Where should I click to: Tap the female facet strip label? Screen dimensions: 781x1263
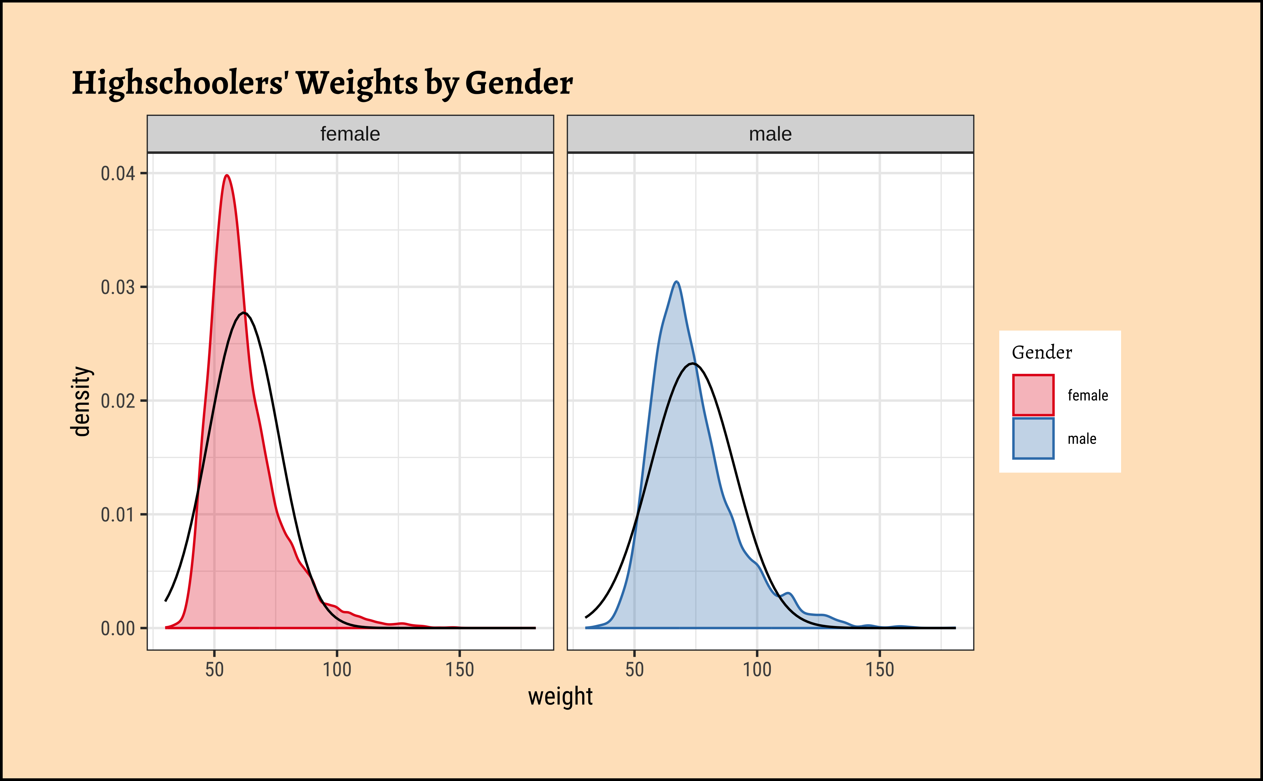(x=350, y=134)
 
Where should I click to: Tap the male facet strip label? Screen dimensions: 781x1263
(x=770, y=134)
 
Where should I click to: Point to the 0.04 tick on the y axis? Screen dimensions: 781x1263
(x=118, y=174)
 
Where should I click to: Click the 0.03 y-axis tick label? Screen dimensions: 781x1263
(x=118, y=287)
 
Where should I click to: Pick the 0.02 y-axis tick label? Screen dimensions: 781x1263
(x=118, y=401)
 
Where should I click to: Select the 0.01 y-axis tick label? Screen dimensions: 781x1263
(x=118, y=514)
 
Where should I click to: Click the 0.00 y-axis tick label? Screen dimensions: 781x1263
(x=118, y=628)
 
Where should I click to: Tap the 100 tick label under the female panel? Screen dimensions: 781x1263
(x=337, y=669)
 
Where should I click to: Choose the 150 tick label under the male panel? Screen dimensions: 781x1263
(x=880, y=669)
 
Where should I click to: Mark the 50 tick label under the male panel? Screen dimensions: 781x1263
(x=634, y=669)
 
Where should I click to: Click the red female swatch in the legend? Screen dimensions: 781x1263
(x=1033, y=395)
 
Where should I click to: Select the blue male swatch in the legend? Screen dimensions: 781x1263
(x=1033, y=439)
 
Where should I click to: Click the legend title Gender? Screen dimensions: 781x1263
(x=1042, y=352)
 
